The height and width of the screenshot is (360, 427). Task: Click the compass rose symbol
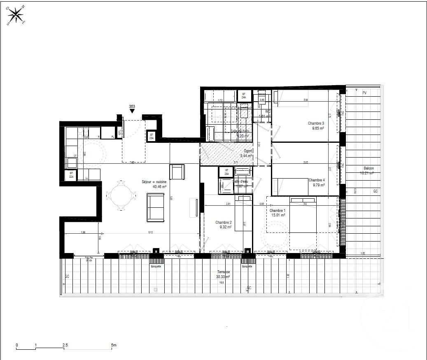(x=16, y=15)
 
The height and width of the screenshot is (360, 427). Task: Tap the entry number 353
(x=132, y=107)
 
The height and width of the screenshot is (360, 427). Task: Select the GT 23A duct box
(x=152, y=136)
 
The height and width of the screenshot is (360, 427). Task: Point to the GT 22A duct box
(x=71, y=175)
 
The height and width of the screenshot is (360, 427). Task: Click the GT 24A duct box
(x=244, y=96)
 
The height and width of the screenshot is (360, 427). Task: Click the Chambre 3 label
(x=316, y=123)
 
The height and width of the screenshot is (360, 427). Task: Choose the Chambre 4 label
(x=317, y=180)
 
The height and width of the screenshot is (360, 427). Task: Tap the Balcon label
(x=369, y=168)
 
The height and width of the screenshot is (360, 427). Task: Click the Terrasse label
(x=224, y=272)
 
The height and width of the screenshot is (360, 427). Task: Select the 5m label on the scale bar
(x=114, y=345)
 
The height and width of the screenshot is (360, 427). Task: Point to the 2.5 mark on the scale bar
(x=65, y=345)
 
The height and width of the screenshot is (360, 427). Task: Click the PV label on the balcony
(x=364, y=93)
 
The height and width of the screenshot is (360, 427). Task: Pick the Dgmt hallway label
(x=247, y=151)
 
